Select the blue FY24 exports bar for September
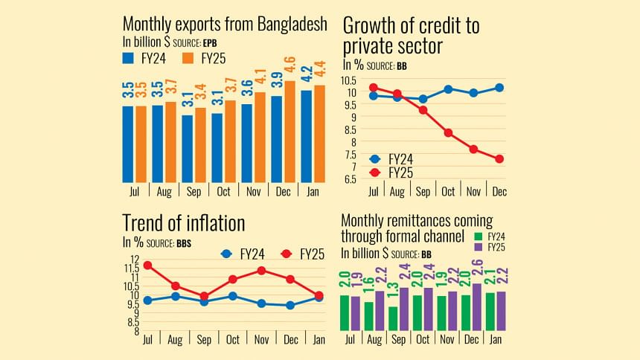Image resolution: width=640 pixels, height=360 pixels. [x=188, y=149]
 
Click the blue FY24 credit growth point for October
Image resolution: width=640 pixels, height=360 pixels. [x=448, y=89]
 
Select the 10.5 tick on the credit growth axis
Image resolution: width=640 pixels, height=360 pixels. [x=349, y=80]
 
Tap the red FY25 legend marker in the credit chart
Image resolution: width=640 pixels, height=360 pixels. [x=375, y=173]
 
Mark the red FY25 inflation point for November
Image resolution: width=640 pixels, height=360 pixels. [x=261, y=270]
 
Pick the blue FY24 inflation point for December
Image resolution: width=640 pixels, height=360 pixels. [x=290, y=305]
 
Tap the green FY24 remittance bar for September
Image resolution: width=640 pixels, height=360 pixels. [x=393, y=318]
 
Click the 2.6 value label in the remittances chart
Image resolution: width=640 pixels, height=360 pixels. [x=477, y=266]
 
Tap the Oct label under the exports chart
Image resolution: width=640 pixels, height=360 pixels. [x=223, y=192]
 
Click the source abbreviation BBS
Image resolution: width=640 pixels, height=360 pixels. [x=184, y=243]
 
